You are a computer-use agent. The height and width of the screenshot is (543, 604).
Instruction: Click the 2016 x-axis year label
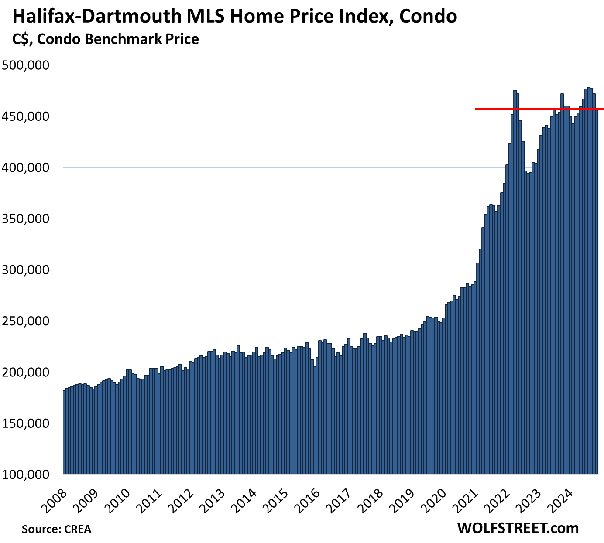pos(307,497)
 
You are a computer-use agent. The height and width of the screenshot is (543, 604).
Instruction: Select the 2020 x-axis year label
pos(433,497)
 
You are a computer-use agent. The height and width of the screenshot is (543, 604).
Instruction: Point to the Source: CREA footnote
pos(57,529)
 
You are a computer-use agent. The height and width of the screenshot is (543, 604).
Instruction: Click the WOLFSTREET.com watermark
pos(518,528)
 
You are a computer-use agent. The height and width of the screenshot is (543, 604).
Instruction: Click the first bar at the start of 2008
pos(64,432)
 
